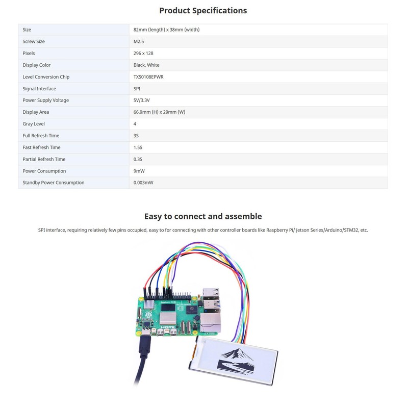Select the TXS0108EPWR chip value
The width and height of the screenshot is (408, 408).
148,76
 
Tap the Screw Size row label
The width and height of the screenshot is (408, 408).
34,41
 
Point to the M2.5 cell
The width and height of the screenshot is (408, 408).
139,41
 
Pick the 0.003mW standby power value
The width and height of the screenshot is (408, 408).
144,183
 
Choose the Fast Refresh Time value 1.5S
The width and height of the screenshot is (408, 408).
138,147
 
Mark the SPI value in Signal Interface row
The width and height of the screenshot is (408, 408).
137,89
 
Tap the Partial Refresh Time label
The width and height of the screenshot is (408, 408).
44,159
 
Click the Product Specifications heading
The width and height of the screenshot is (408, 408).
203,11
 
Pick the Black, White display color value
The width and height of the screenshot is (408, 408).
146,65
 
